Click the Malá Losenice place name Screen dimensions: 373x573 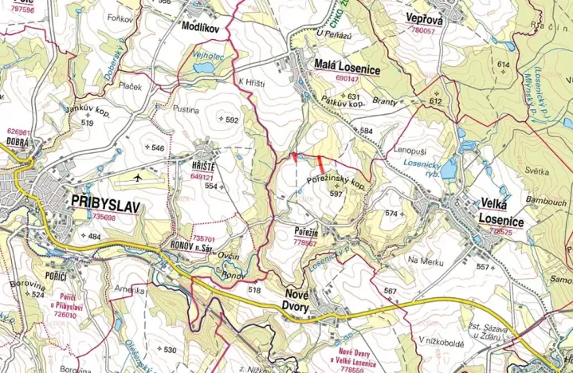point(345,69)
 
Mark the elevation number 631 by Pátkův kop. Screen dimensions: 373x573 point(355,97)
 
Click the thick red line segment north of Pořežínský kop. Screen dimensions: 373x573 point(320,161)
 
